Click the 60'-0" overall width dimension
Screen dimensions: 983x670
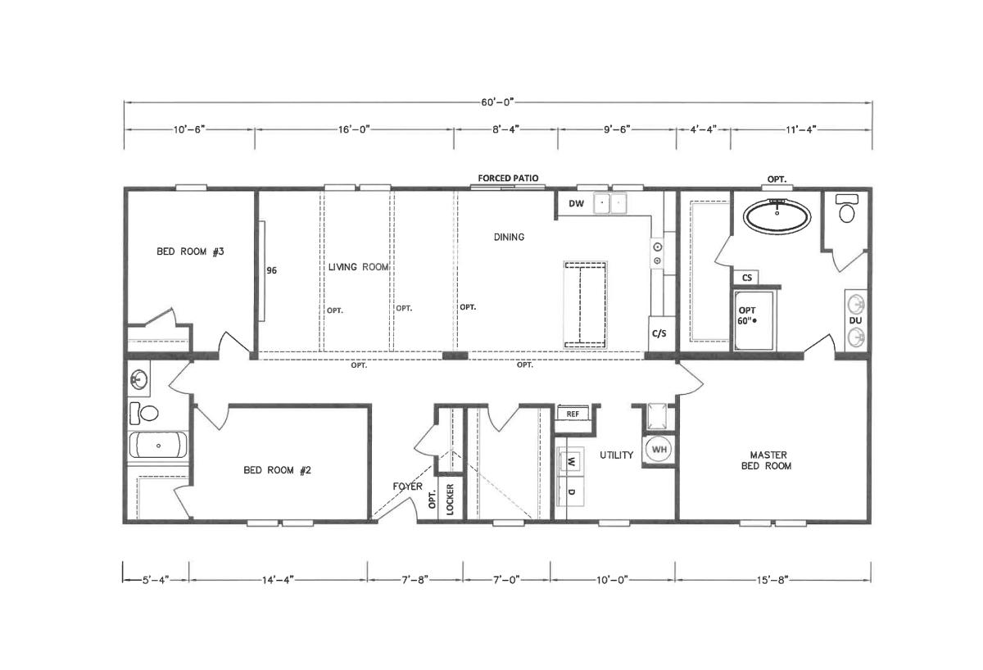tap(497, 102)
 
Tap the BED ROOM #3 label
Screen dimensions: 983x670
tap(190, 251)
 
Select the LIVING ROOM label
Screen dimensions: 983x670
tap(359, 267)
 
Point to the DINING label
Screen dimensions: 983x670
tap(509, 237)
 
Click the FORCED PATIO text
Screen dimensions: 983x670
tap(508, 178)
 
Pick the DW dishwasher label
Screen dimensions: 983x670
tap(576, 204)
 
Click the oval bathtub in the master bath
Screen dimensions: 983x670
tap(777, 216)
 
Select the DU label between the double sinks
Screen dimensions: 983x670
tap(855, 321)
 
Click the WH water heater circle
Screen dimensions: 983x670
tap(659, 450)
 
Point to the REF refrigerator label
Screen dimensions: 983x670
tap(573, 414)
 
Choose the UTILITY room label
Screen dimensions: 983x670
tap(617, 455)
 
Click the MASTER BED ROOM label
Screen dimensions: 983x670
tap(767, 460)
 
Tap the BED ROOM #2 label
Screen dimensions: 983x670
tap(278, 470)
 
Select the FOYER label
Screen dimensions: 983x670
tap(408, 487)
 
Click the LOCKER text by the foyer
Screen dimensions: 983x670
tap(450, 500)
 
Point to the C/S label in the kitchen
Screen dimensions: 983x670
tap(659, 333)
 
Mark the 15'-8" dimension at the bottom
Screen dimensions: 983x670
tap(772, 580)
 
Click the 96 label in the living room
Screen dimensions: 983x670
tap(272, 270)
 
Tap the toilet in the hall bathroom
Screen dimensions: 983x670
tap(144, 413)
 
